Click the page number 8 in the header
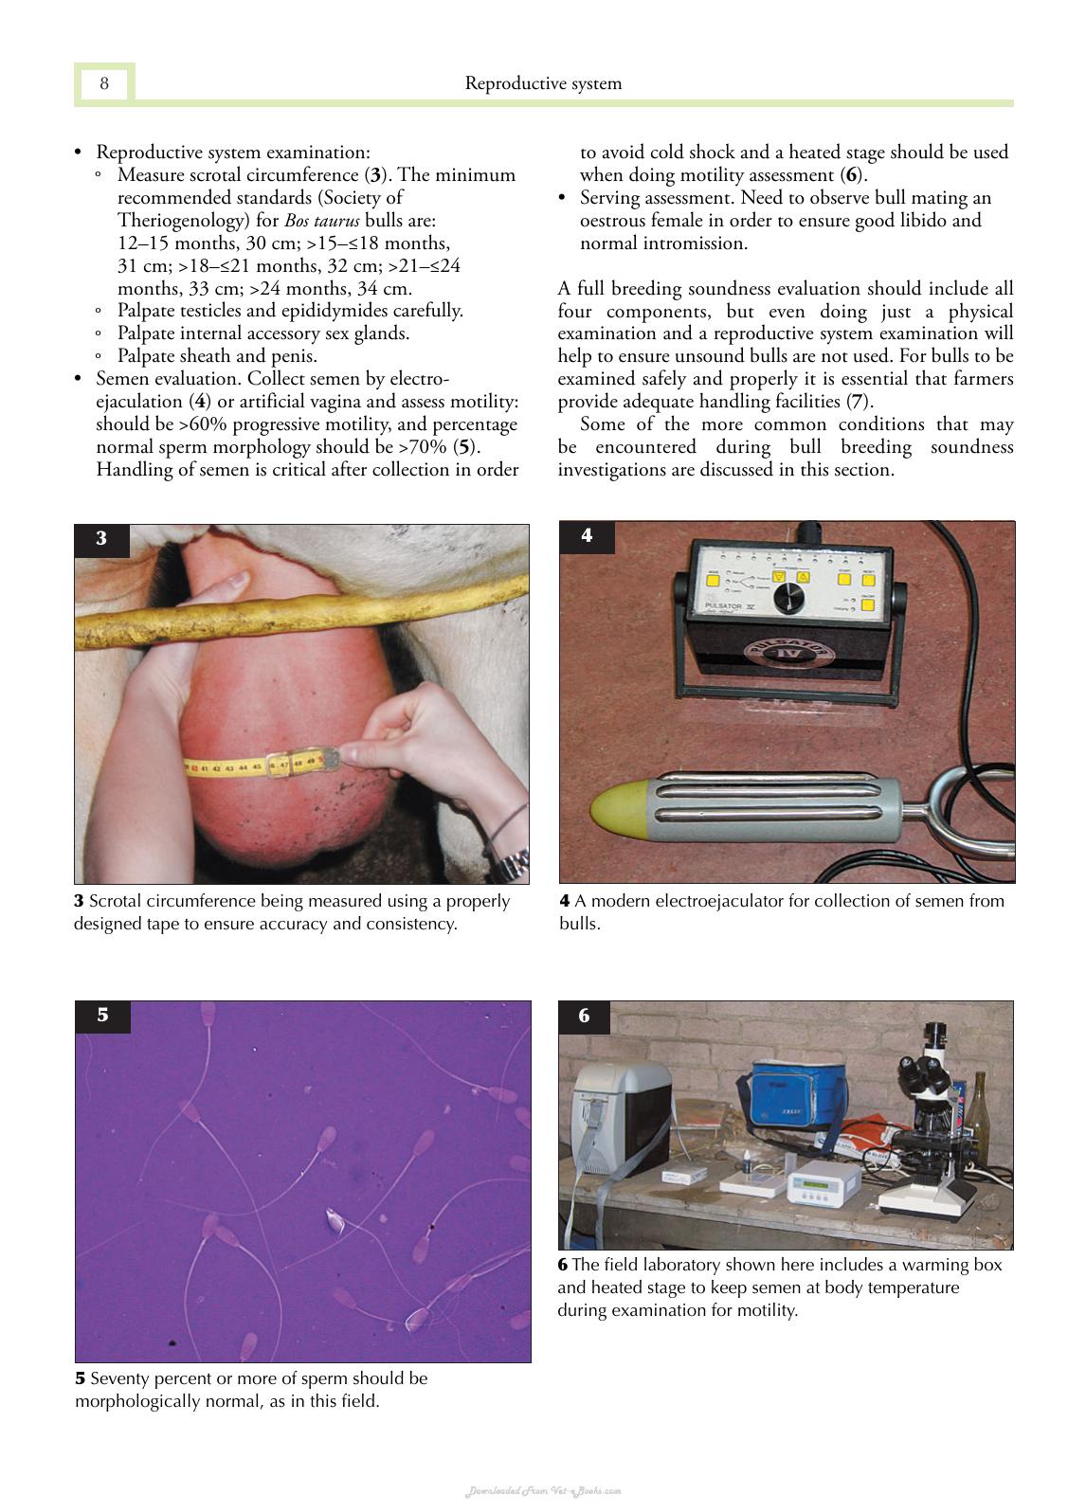coord(104,83)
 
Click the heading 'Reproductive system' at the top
coord(543,83)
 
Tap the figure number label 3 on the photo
coord(101,538)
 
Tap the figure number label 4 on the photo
coord(587,535)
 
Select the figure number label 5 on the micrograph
coord(102,1015)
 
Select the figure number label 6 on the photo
coord(584,1015)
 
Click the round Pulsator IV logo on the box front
coord(788,653)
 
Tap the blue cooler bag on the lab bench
coord(796,1095)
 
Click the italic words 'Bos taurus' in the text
coord(321,220)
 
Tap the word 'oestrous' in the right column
coord(612,221)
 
